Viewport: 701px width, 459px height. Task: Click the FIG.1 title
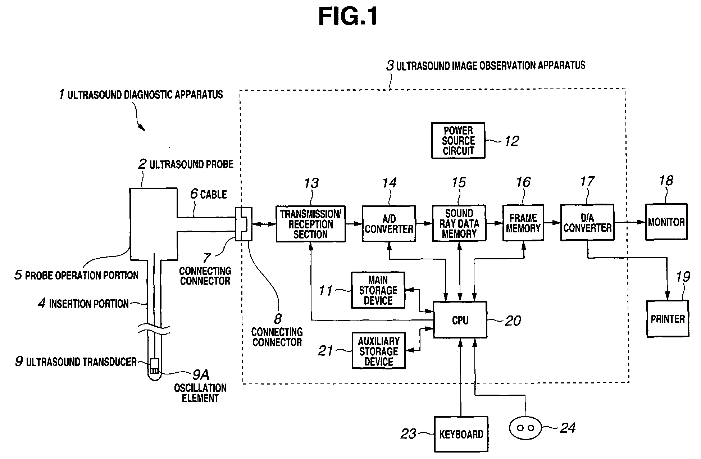[348, 17]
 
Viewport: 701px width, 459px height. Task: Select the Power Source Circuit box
[458, 140]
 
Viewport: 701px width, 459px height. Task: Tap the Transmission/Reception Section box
[311, 224]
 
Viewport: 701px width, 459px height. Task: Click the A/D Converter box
[389, 223]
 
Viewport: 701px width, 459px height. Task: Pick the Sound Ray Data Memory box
[459, 223]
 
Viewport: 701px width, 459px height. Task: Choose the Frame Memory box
[523, 223]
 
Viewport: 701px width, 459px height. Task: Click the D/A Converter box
[587, 222]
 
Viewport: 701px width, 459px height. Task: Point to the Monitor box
[666, 222]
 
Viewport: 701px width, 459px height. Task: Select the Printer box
[668, 319]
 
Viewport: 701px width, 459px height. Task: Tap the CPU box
[460, 320]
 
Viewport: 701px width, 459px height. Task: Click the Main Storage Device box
[378, 290]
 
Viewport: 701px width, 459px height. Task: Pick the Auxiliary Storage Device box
[378, 351]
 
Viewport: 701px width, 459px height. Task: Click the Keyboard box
[461, 434]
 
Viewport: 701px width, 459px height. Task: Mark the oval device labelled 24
[525, 428]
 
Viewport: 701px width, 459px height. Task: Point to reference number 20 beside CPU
[513, 321]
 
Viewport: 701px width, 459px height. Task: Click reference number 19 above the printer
[683, 277]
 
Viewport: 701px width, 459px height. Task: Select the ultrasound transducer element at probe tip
[154, 366]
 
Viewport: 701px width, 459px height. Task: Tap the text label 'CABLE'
[213, 195]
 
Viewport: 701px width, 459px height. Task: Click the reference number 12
[511, 141]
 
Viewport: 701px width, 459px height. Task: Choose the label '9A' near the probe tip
[201, 375]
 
